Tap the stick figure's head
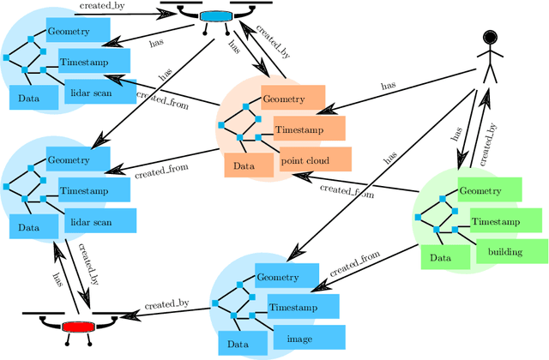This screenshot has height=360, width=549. [490, 37]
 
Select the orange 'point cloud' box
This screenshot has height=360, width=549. [316, 159]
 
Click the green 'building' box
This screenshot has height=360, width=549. [511, 251]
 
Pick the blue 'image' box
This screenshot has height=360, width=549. [309, 338]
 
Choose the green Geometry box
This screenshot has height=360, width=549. [490, 190]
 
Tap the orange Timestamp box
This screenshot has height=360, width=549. [309, 129]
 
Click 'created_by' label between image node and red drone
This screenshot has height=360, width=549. [167, 304]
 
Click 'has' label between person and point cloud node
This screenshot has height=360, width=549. [388, 85]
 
